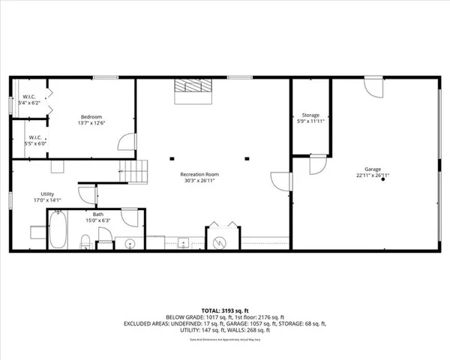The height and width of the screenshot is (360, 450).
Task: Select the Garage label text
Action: pyautogui.click(x=373, y=171)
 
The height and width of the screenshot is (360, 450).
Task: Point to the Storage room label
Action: pyautogui.click(x=310, y=115)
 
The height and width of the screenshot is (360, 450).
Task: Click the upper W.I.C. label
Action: pyautogui.click(x=29, y=97)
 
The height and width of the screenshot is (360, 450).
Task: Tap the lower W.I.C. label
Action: pyautogui.click(x=35, y=137)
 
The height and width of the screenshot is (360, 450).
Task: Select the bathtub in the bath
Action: pyautogui.click(x=58, y=229)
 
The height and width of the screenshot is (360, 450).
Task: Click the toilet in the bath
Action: pyautogui.click(x=85, y=241)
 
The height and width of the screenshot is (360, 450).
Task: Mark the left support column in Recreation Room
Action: pyautogui.click(x=172, y=158)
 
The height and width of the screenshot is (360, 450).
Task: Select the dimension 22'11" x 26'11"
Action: pyautogui.click(x=373, y=177)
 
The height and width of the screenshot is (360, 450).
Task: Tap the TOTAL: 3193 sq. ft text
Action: pyautogui.click(x=224, y=309)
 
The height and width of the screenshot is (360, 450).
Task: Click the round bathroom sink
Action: pyautogui.click(x=127, y=243)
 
